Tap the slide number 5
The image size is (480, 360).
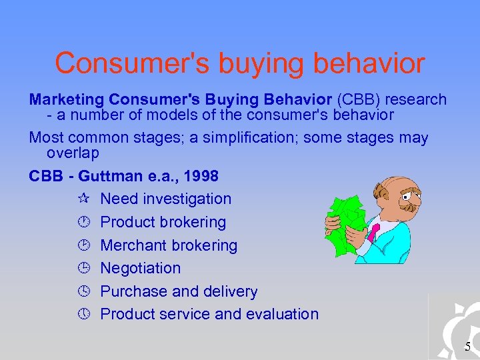click(x=467, y=346)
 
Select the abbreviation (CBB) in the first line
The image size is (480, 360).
click(x=360, y=100)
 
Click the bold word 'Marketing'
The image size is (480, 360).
click(x=67, y=100)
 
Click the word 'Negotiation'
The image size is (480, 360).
click(x=140, y=268)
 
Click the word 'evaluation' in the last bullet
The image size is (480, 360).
click(x=281, y=314)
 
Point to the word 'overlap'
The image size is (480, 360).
click(x=73, y=153)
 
